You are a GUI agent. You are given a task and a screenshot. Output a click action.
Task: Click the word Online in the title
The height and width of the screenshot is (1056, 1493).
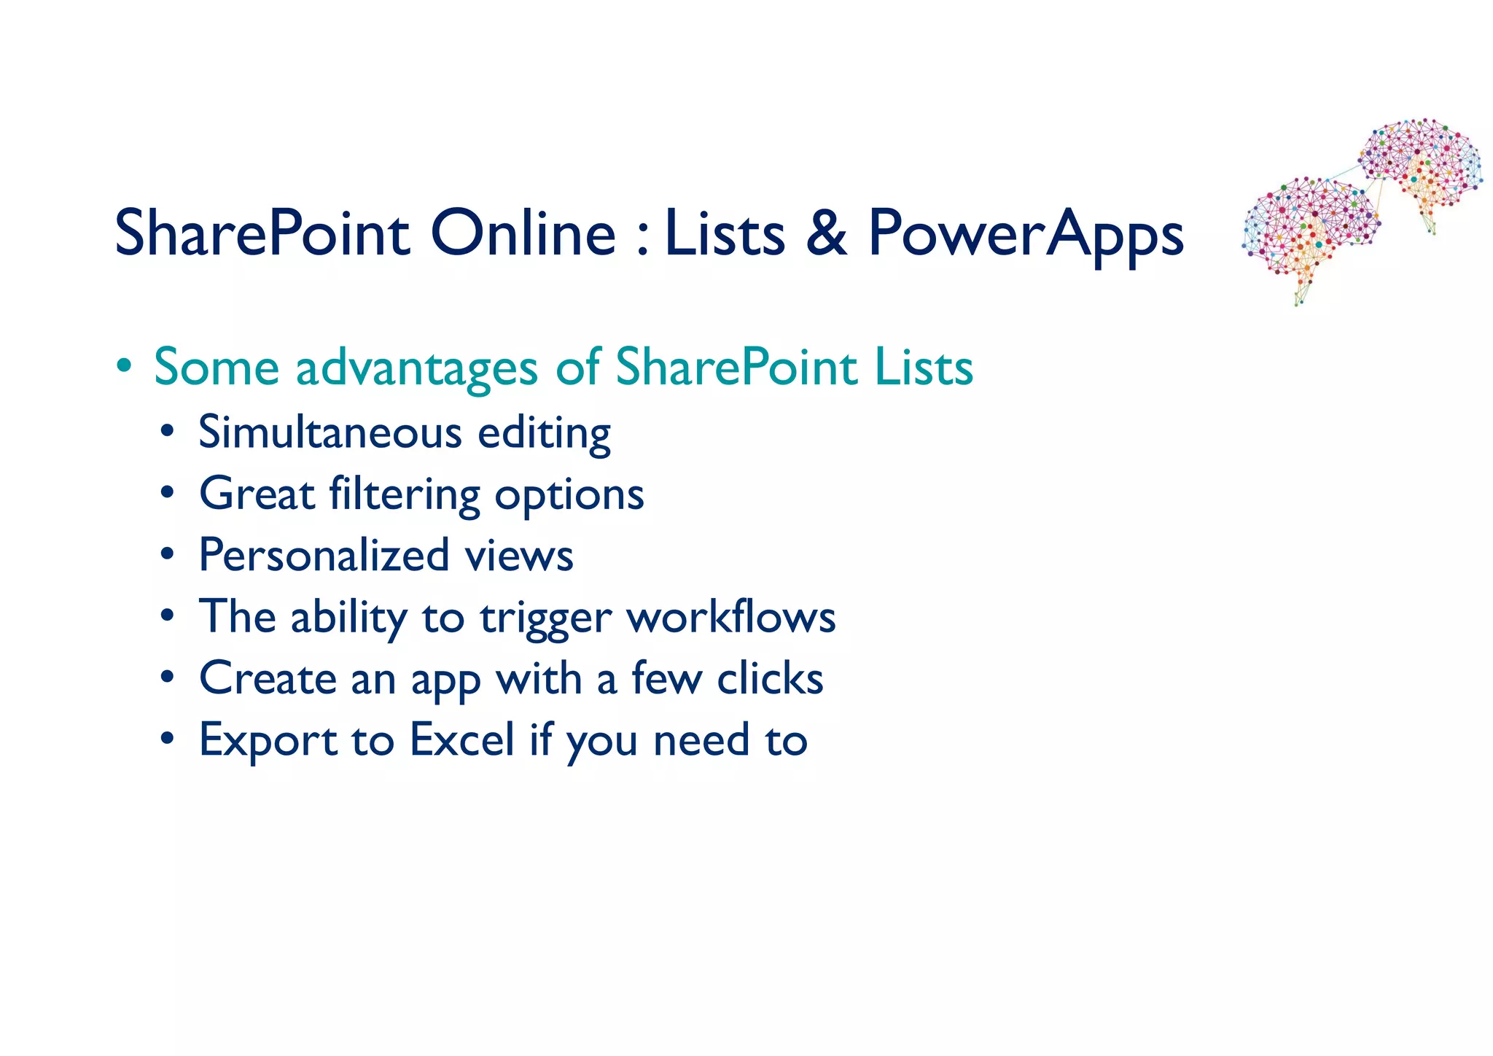tap(523, 233)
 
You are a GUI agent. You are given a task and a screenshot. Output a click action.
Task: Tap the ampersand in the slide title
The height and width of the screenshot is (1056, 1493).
tap(827, 233)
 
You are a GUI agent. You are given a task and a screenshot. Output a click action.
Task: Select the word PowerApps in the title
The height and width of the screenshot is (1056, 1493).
tap(1025, 235)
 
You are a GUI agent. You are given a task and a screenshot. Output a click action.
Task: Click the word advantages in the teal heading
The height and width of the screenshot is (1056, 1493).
tap(416, 368)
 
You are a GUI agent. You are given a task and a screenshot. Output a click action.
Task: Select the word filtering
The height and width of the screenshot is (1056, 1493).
tap(404, 495)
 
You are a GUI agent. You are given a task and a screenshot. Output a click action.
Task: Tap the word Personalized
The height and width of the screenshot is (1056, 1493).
tap(324, 556)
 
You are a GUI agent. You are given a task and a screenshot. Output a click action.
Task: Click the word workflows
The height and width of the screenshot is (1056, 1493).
tap(731, 617)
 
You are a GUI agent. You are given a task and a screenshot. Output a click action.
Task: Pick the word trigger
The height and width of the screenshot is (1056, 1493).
tap(545, 618)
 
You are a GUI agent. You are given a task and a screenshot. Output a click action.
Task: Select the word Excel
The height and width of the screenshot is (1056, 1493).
tap(462, 739)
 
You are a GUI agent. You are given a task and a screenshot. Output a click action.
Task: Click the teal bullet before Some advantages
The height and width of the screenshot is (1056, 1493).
tap(125, 366)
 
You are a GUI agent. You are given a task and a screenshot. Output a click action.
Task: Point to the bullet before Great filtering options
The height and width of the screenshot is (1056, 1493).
tap(168, 494)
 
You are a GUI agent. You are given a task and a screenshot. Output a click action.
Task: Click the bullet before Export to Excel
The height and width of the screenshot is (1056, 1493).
tap(168, 739)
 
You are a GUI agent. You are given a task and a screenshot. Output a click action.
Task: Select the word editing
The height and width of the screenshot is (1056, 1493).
tap(544, 433)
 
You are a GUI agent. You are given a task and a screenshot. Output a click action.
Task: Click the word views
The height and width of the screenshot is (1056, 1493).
tap(519, 556)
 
